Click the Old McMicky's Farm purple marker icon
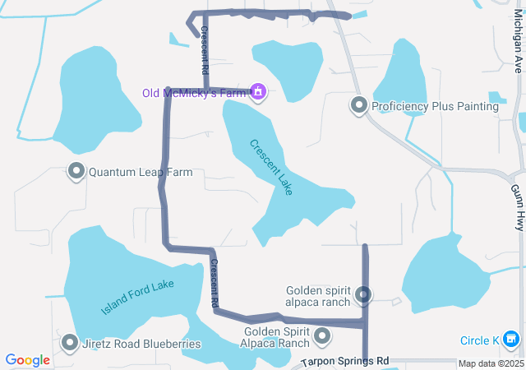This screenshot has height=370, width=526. pyautogui.click(x=259, y=92)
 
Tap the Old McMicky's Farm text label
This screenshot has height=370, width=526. pyautogui.click(x=195, y=93)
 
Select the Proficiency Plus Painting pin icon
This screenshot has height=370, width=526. pyautogui.click(x=359, y=106)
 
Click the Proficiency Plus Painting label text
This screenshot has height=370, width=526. pyautogui.click(x=435, y=107)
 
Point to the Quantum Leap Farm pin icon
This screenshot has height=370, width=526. pyautogui.click(x=76, y=172)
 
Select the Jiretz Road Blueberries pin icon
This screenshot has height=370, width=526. pyautogui.click(x=70, y=343)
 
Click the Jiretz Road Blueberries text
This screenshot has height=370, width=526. pyautogui.click(x=142, y=344)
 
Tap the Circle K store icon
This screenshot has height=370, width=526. pyautogui.click(x=512, y=339)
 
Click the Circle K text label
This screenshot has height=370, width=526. pyautogui.click(x=480, y=340)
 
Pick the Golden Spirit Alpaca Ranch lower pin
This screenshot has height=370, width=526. pyautogui.click(x=322, y=336)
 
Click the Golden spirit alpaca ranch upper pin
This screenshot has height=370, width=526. pyautogui.click(x=363, y=294)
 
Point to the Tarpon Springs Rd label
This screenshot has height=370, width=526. pyautogui.click(x=344, y=362)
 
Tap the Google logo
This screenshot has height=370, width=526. pyautogui.click(x=27, y=359)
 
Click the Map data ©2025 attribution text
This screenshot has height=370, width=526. pyautogui.click(x=490, y=363)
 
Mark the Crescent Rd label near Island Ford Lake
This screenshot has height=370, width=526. pyautogui.click(x=214, y=284)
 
